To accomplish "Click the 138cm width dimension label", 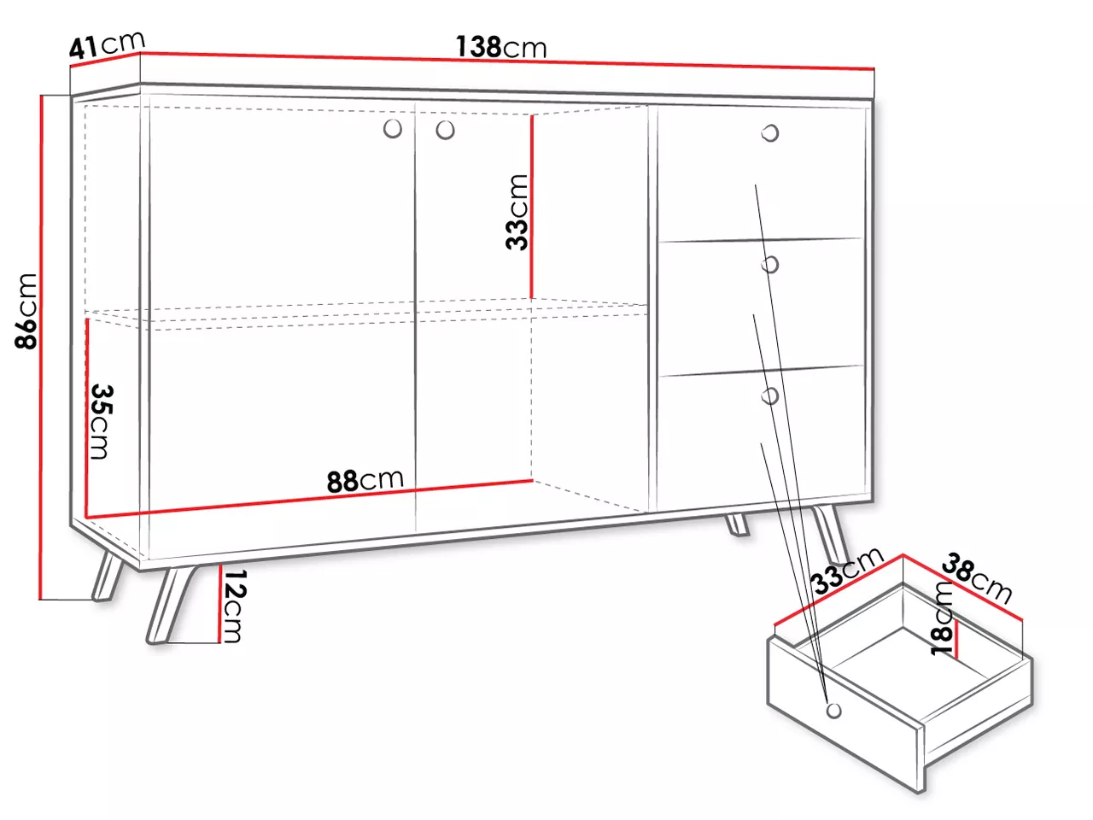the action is [x=501, y=47].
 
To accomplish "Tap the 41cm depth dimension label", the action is [x=107, y=44].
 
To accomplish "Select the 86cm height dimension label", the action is [x=26, y=311].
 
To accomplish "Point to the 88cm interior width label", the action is [x=365, y=480].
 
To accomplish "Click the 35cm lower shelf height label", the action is [x=102, y=422].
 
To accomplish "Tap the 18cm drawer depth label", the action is [x=942, y=618].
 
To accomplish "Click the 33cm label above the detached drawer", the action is [x=848, y=571].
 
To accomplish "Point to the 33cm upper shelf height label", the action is [x=517, y=212].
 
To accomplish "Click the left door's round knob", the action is [x=393, y=129].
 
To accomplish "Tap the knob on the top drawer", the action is [x=770, y=133].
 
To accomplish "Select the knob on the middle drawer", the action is [x=770, y=265].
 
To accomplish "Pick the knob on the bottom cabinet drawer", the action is [x=770, y=395].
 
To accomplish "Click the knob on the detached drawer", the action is [x=833, y=711].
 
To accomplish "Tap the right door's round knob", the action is [x=445, y=131].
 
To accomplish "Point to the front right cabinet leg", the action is [x=831, y=534].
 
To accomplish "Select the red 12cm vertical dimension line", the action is [x=219, y=604].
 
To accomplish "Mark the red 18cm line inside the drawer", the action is [x=955, y=639].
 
